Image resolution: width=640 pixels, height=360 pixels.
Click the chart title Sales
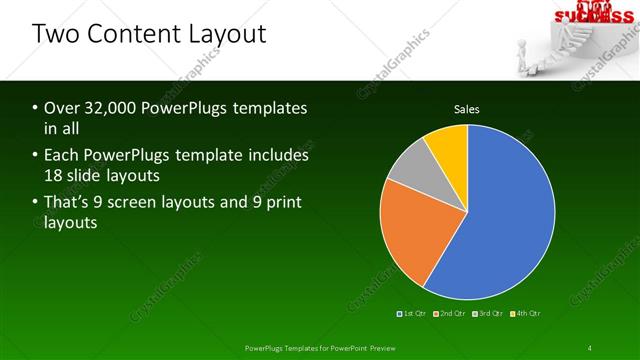click(x=467, y=108)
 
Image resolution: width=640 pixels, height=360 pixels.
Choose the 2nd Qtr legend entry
click(x=449, y=313)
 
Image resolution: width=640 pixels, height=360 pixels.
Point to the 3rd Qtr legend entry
click(x=487, y=313)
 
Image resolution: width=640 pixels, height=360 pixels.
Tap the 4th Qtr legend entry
click(x=526, y=313)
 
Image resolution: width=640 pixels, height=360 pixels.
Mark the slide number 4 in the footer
click(x=590, y=347)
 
